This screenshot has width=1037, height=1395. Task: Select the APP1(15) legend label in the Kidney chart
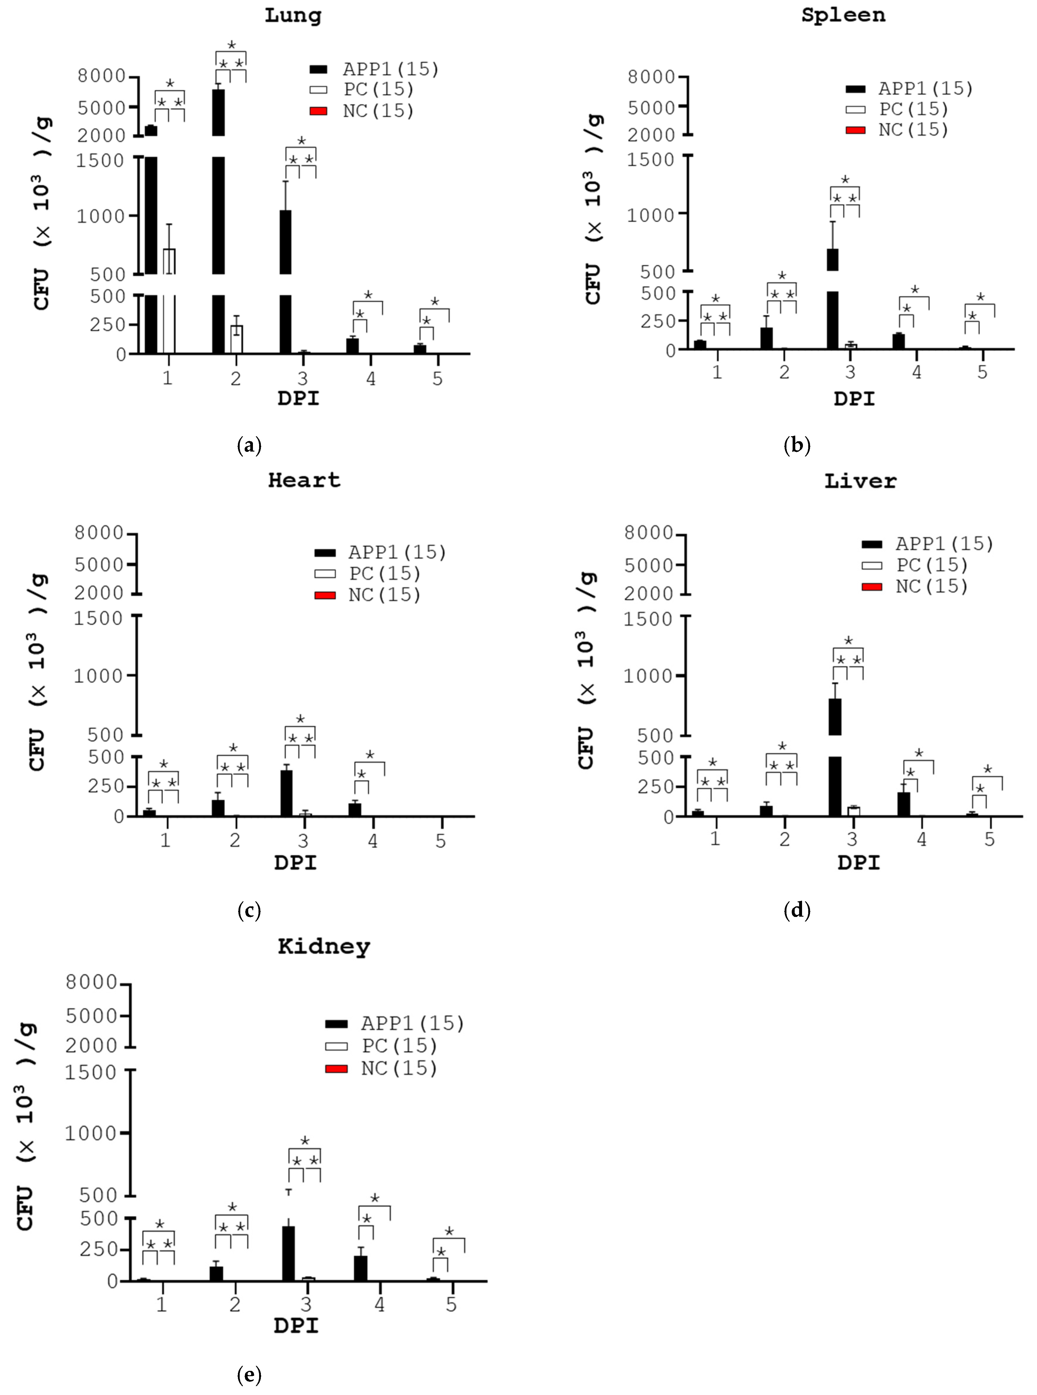pos(413,1024)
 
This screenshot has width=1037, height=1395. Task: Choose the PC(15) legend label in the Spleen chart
pos(913,109)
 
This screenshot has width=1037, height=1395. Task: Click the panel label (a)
pos(249,446)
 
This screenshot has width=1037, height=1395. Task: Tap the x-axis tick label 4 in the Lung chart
pos(371,378)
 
